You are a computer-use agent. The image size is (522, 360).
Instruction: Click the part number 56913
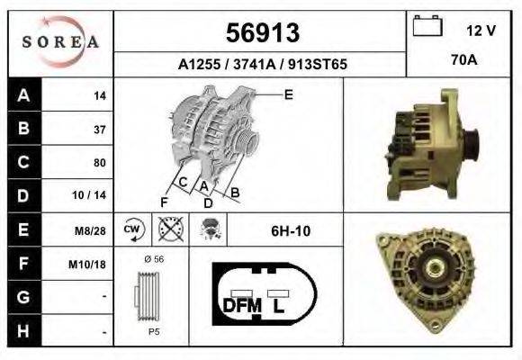pos(260,33)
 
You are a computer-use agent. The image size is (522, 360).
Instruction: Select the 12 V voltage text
pos(481,31)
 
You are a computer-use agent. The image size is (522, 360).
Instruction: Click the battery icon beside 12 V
pos(427,26)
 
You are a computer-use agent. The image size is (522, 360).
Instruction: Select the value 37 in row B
pos(99,130)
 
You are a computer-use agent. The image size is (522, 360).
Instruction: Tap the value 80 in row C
pos(99,163)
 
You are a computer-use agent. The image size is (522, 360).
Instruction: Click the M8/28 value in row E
pos(93,230)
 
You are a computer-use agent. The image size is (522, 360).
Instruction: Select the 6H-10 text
pos(291,231)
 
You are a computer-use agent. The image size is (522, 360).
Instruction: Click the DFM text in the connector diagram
pos(241,305)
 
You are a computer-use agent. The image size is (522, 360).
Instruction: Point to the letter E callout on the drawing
pos(288,94)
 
